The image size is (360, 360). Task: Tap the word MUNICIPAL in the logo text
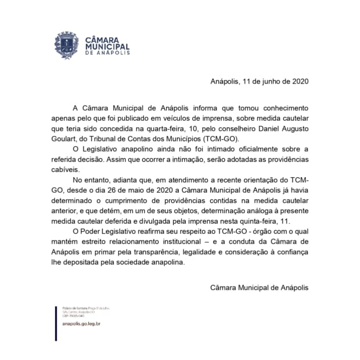pos(107,46)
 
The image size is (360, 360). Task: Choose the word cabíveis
pos(69,171)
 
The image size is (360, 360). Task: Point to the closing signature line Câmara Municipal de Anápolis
pos(258,286)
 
